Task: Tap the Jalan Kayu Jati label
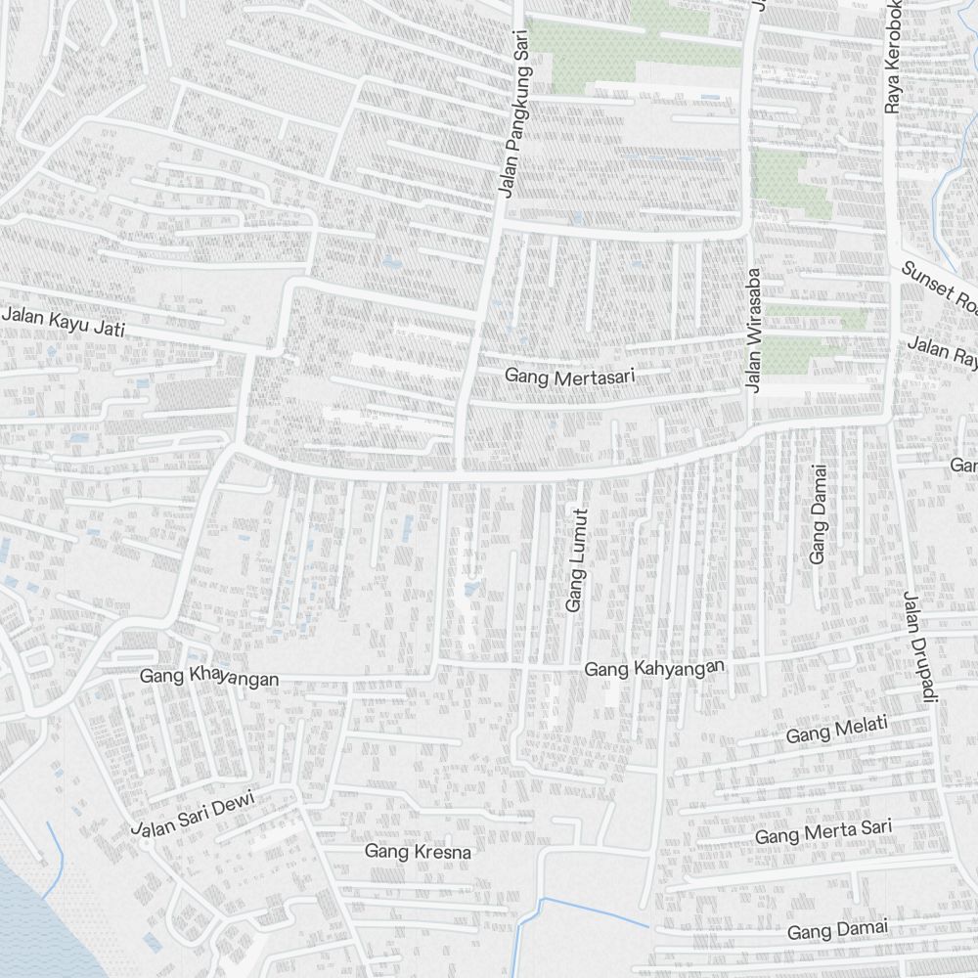(x=65, y=322)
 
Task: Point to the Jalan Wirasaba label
(x=752, y=330)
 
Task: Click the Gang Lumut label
(x=575, y=560)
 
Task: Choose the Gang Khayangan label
(x=209, y=677)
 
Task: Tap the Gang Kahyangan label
(x=654, y=669)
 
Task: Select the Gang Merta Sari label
(x=823, y=833)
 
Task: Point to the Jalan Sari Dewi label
(x=194, y=814)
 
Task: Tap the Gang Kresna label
(x=418, y=852)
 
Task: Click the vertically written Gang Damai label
(x=818, y=514)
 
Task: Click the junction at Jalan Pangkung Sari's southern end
(x=458, y=476)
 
